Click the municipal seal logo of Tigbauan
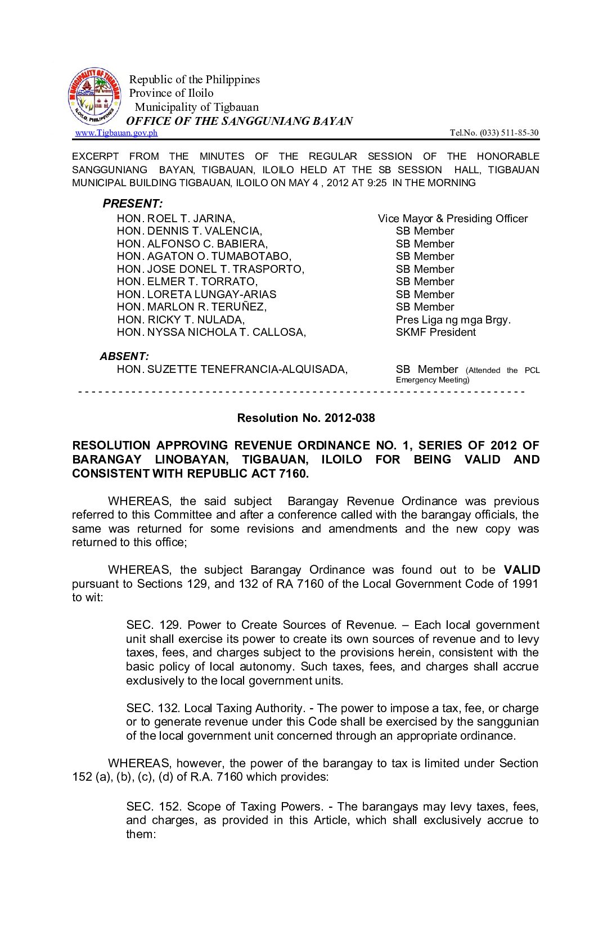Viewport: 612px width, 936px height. pos(94,96)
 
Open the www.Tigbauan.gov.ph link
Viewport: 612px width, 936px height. pos(116,133)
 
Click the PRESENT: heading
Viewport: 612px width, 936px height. pos(133,204)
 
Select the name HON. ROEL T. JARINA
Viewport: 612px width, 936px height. pos(176,218)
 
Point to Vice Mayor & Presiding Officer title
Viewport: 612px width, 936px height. pos(452,218)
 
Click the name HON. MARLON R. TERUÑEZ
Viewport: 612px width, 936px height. pos(192,307)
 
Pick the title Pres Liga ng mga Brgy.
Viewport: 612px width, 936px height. pos(453,319)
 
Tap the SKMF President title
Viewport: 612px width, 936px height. pos(435,332)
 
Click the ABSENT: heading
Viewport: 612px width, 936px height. pos(124,356)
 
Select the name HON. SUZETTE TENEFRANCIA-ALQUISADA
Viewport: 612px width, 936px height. pos(232,369)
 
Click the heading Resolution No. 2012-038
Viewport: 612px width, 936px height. pos(305,418)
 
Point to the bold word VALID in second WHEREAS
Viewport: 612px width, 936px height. pos(521,570)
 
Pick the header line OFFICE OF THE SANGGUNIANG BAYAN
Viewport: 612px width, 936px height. pos(239,121)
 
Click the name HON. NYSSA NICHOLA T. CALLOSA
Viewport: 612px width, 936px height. pos(211,332)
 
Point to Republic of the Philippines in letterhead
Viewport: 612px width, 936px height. pos(194,79)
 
